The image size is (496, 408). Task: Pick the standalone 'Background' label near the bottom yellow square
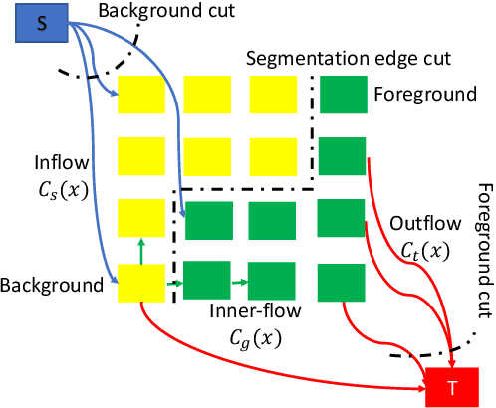point(52,286)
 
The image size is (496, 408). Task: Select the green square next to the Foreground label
point(343,95)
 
